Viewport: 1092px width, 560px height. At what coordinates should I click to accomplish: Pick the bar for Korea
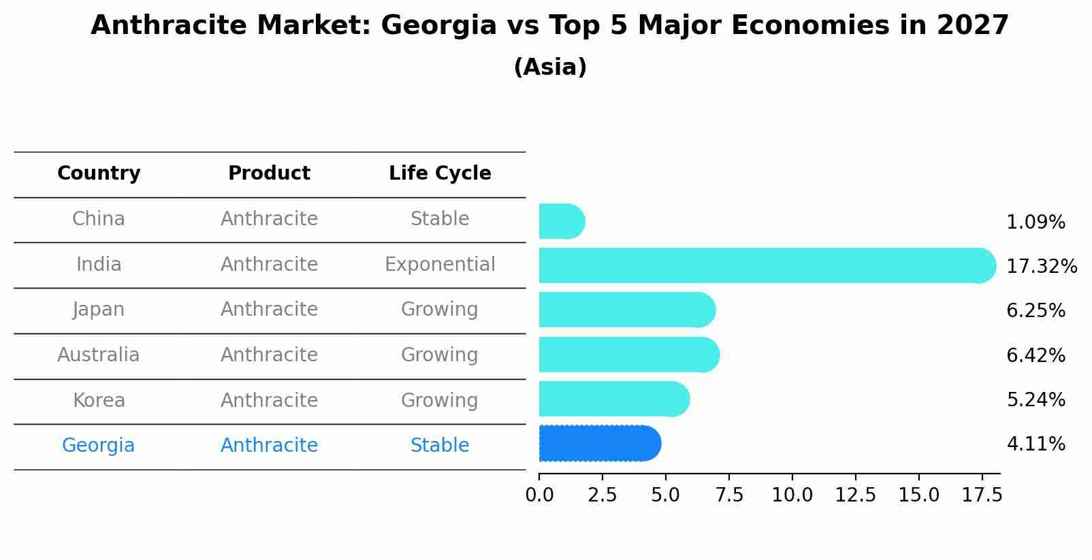[x=613, y=399]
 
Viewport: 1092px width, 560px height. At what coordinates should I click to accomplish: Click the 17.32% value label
[x=1041, y=266]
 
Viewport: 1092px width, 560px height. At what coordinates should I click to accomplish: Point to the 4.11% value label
[x=1035, y=444]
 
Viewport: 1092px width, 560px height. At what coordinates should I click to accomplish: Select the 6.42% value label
[x=1035, y=355]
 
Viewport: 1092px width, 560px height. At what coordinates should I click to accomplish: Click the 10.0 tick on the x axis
[x=792, y=495]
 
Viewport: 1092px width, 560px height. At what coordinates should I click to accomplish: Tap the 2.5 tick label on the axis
[x=602, y=495]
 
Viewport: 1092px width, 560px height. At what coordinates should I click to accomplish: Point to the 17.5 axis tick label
[x=982, y=495]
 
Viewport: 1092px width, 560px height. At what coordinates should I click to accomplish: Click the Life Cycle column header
[x=440, y=174]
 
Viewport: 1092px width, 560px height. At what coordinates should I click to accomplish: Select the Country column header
[x=99, y=174]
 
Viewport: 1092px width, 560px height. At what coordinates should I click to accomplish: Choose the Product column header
[x=269, y=174]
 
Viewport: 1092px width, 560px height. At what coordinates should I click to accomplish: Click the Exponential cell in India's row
[x=440, y=265]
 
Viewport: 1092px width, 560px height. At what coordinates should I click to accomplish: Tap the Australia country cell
[x=99, y=355]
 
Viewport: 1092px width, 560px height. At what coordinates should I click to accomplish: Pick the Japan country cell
[x=99, y=310]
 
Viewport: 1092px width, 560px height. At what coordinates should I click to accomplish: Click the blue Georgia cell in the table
[x=99, y=446]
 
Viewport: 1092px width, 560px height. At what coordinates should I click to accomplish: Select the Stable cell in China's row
[x=440, y=219]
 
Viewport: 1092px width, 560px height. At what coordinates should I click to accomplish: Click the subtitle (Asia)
[x=550, y=67]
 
